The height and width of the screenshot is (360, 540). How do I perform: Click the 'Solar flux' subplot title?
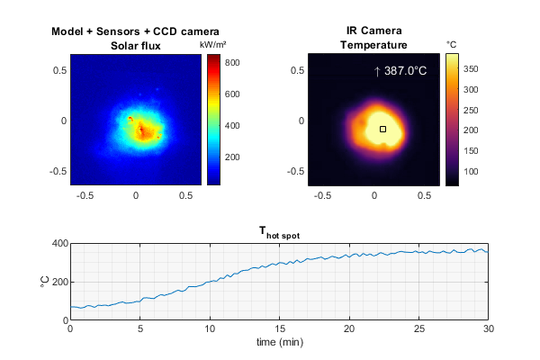point(136,45)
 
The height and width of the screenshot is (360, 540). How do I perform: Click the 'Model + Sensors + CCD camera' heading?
point(136,31)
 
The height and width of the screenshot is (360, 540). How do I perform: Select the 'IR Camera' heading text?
point(373,31)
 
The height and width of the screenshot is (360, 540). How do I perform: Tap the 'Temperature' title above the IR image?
point(373,45)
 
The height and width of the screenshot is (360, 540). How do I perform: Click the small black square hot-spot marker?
point(382,130)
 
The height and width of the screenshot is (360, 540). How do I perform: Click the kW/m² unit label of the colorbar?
point(212,44)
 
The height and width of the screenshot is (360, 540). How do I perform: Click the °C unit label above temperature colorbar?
point(452,44)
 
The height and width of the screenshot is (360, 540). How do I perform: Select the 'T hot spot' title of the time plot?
point(278,234)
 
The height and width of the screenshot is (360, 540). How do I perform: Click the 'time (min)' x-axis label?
point(278,342)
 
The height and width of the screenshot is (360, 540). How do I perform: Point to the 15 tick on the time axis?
point(279,328)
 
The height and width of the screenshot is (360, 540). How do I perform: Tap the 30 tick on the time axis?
point(487,328)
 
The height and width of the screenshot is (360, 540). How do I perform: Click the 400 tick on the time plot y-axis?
point(59,244)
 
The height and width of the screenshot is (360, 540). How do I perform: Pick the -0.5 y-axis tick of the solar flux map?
point(58,171)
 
